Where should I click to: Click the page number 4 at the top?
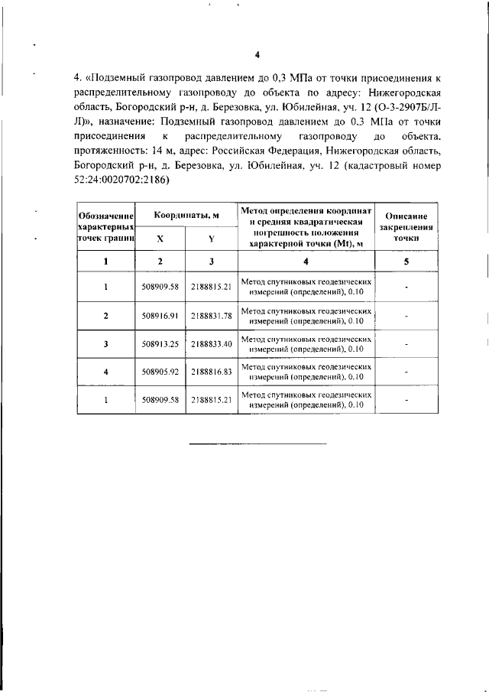257,54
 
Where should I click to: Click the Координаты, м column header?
186,216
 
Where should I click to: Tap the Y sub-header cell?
211,239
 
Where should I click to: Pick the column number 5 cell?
406,262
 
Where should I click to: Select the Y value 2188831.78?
211,315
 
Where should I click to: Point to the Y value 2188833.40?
211,343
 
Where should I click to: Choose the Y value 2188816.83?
211,372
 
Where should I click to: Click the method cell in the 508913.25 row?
305,343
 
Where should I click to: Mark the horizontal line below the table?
257,443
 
